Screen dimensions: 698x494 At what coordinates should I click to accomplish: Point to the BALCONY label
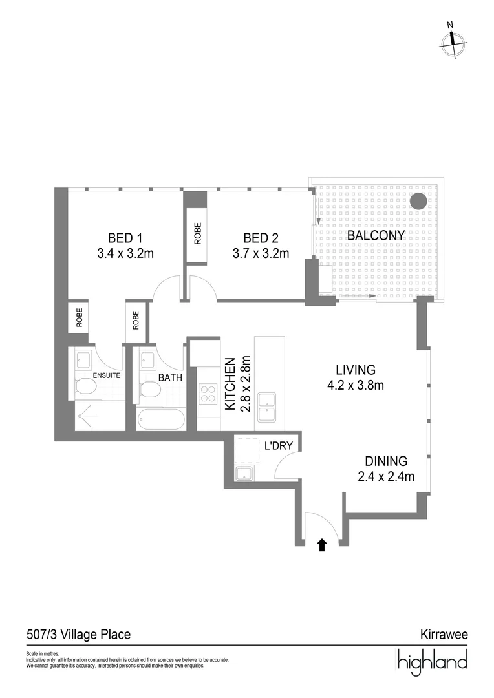pyautogui.click(x=376, y=236)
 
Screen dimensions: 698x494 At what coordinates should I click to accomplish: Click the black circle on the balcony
pyautogui.click(x=419, y=201)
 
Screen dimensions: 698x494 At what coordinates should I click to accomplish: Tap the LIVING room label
pyautogui.click(x=355, y=370)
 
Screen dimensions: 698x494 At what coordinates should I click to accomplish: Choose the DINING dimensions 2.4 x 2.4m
pyautogui.click(x=385, y=478)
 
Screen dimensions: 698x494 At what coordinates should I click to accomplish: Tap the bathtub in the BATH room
pyautogui.click(x=160, y=418)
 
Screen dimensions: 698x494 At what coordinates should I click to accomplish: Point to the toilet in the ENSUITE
pyautogui.click(x=85, y=387)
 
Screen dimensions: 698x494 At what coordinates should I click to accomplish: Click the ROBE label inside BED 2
pyautogui.click(x=197, y=233)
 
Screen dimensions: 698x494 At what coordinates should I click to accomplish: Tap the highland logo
pyautogui.click(x=431, y=662)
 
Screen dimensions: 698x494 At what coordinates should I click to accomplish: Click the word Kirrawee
pyautogui.click(x=444, y=635)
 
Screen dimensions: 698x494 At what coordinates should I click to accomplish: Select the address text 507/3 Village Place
pyautogui.click(x=78, y=635)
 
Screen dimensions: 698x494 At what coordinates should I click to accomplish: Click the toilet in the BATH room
pyautogui.click(x=149, y=389)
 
